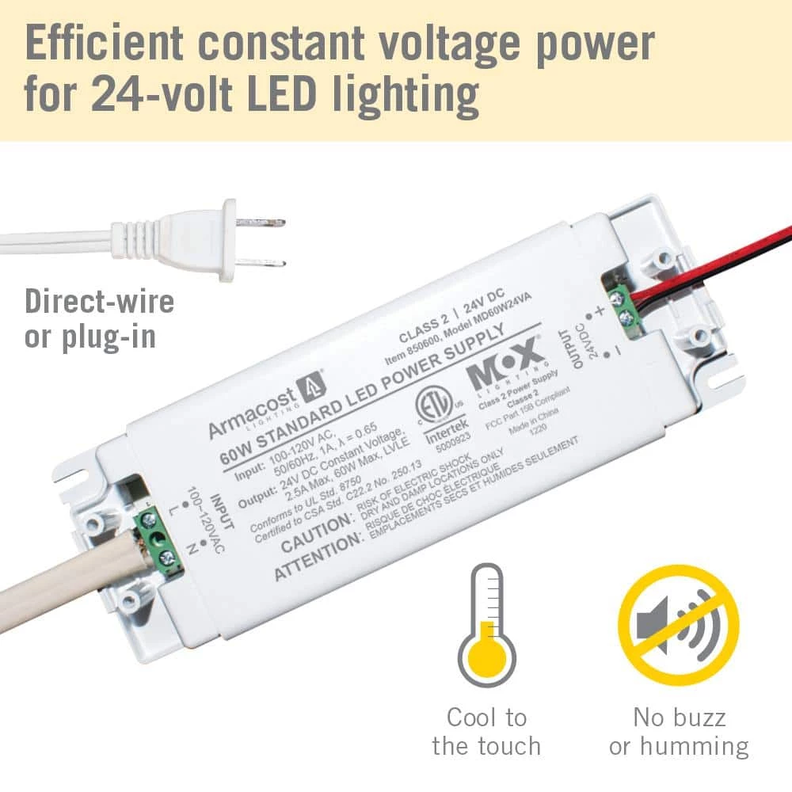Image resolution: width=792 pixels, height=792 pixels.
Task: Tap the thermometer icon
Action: [x=486, y=625]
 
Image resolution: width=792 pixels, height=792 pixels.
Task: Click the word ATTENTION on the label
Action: [x=317, y=558]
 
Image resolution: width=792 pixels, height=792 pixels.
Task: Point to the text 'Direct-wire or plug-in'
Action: [x=99, y=318]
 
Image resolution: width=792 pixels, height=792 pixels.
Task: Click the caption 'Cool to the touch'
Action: [x=486, y=731]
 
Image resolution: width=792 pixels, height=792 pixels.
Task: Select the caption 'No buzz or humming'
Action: [x=679, y=731]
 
